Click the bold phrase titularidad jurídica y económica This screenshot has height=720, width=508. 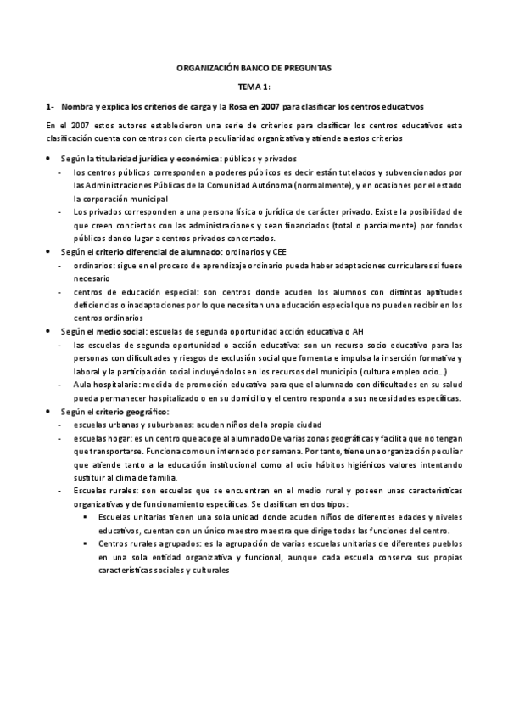coord(157,159)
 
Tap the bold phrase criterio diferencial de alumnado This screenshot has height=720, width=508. coord(165,252)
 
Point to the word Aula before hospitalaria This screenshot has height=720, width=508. coord(83,384)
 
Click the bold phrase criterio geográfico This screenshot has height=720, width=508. coord(137,411)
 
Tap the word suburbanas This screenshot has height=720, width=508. coord(159,425)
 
